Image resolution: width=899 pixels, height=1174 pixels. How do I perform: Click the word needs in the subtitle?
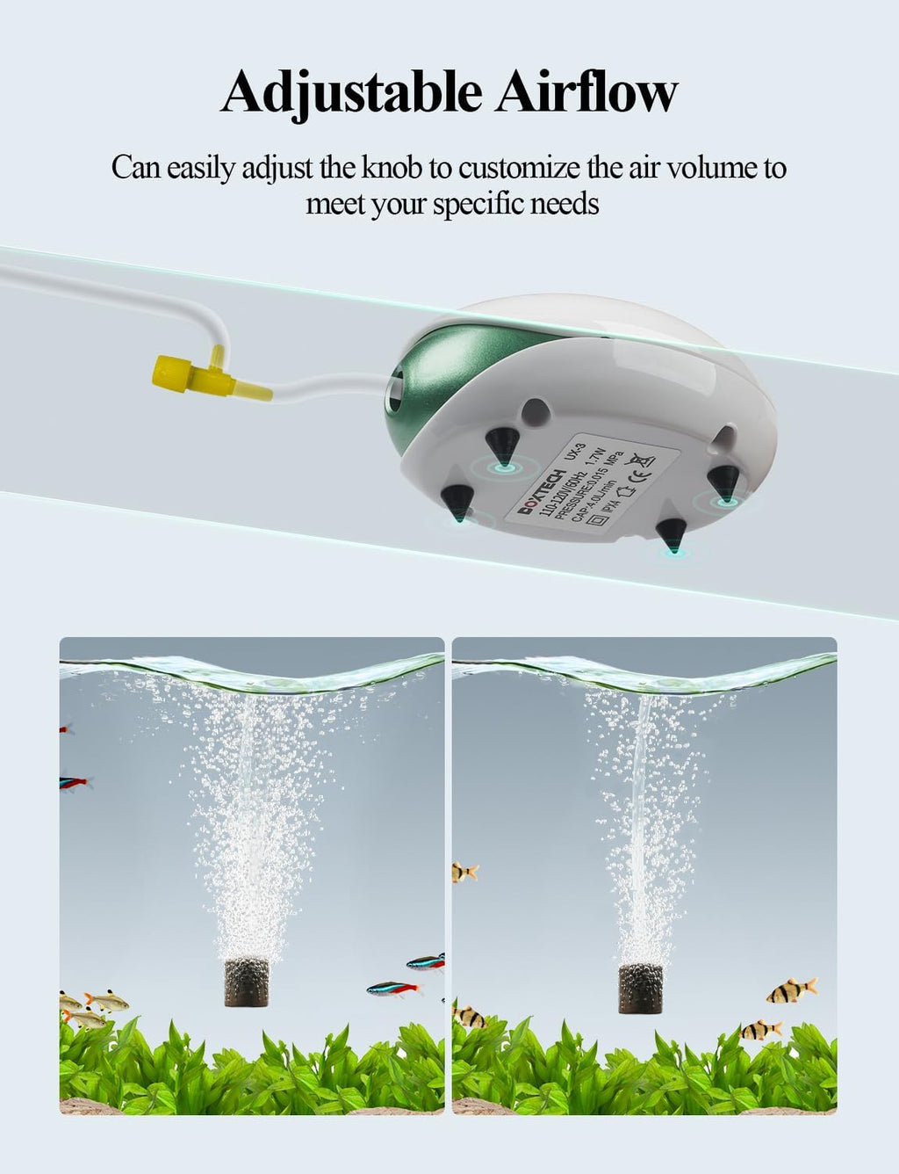(x=567, y=204)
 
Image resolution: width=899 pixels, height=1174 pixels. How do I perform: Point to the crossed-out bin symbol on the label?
(x=646, y=458)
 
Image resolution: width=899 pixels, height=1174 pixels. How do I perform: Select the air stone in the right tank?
(x=638, y=989)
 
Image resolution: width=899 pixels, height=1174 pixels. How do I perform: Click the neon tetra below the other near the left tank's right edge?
(x=394, y=989)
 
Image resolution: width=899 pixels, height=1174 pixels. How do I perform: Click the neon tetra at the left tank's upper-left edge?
(x=74, y=781)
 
